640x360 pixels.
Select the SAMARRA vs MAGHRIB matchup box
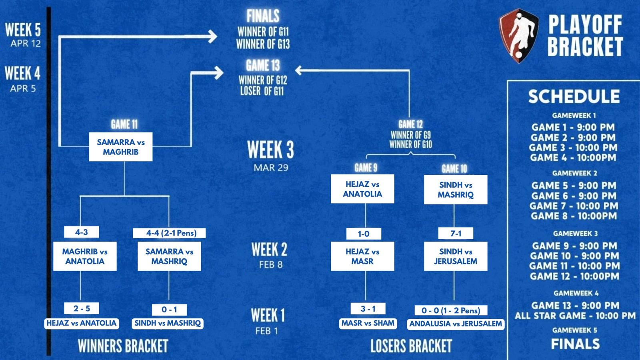tap(120, 147)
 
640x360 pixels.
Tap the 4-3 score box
tap(81, 232)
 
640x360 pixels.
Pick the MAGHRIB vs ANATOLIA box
tap(85, 256)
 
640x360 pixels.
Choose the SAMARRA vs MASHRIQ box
tap(169, 256)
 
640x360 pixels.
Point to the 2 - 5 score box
tap(81, 308)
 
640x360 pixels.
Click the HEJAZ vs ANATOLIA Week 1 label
tap(81, 323)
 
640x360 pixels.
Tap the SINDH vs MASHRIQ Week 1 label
tap(168, 323)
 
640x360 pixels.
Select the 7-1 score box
tap(456, 233)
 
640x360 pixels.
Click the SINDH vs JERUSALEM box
tap(456, 256)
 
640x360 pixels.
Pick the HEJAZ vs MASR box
tap(362, 256)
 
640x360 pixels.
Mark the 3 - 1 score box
tap(368, 309)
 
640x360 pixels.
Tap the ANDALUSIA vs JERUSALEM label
tap(455, 324)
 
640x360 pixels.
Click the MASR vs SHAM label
tap(368, 323)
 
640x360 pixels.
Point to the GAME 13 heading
tap(263, 65)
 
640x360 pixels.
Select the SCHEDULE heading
tap(574, 97)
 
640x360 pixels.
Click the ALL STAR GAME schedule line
tap(575, 316)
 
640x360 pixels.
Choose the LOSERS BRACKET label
tap(411, 346)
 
